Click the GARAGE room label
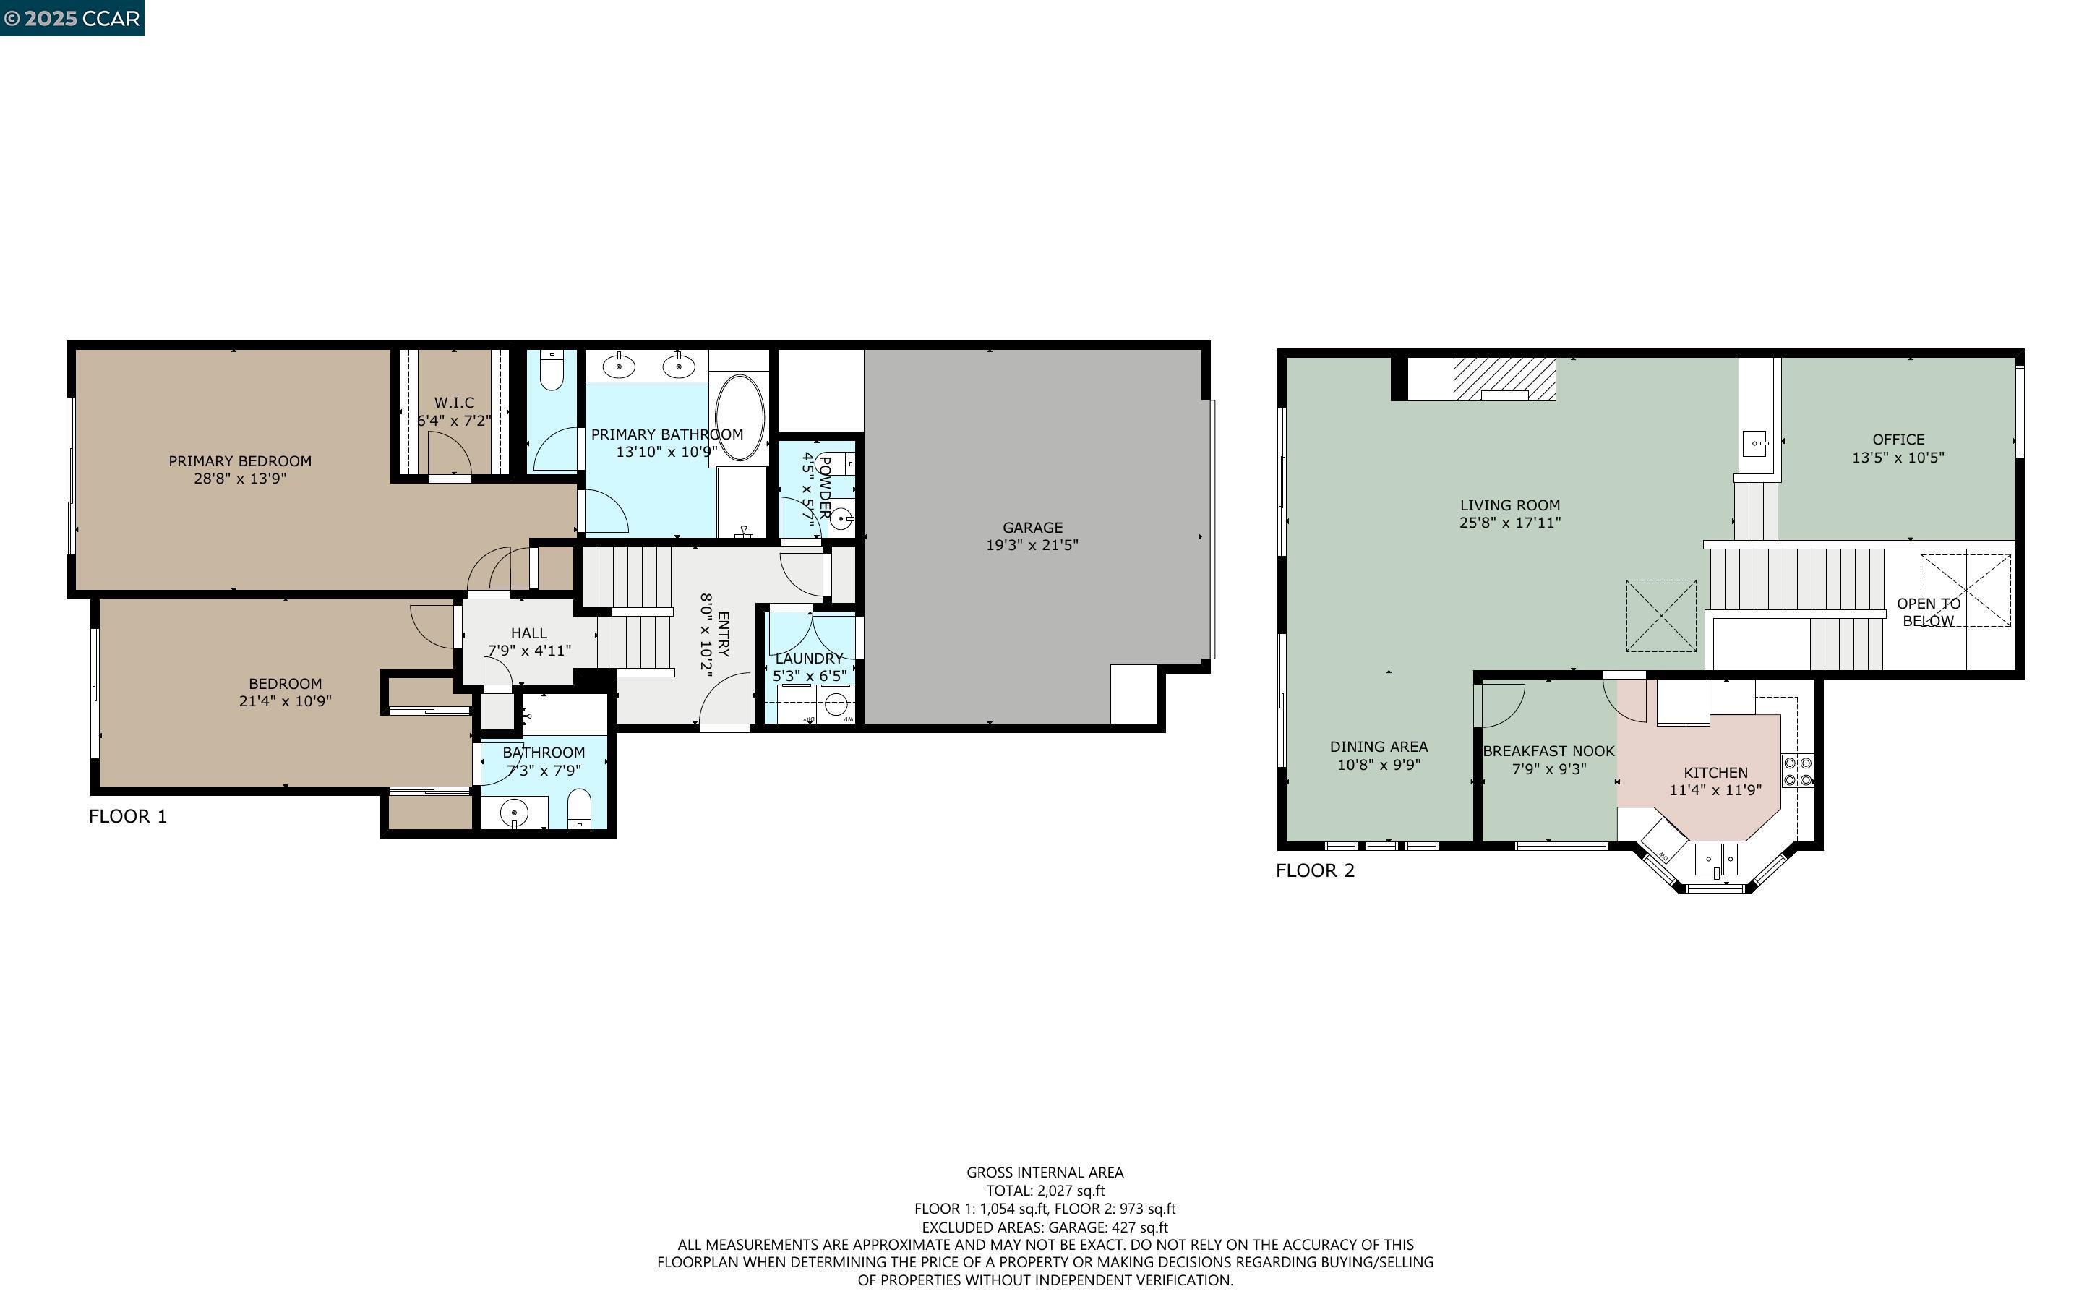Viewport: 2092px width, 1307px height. (x=1032, y=527)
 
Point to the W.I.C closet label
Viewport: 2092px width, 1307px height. (x=454, y=403)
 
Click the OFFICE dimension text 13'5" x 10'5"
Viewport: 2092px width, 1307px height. (x=1898, y=458)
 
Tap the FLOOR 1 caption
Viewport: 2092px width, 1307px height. (x=128, y=816)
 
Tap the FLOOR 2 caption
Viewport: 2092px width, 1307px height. (x=1315, y=870)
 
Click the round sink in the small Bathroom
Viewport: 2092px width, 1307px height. (x=515, y=813)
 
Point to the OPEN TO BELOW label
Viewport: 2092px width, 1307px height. (x=1928, y=612)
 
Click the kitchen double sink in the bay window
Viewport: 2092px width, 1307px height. (x=1716, y=860)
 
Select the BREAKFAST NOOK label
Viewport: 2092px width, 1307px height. (x=1548, y=751)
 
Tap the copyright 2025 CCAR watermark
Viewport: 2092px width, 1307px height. (x=72, y=18)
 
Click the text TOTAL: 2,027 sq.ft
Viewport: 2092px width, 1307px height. (x=1045, y=1191)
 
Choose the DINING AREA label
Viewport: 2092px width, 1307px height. (x=1379, y=747)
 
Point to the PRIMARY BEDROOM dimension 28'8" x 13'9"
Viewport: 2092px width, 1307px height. (x=239, y=478)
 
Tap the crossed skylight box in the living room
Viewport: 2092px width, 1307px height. (x=1661, y=615)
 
